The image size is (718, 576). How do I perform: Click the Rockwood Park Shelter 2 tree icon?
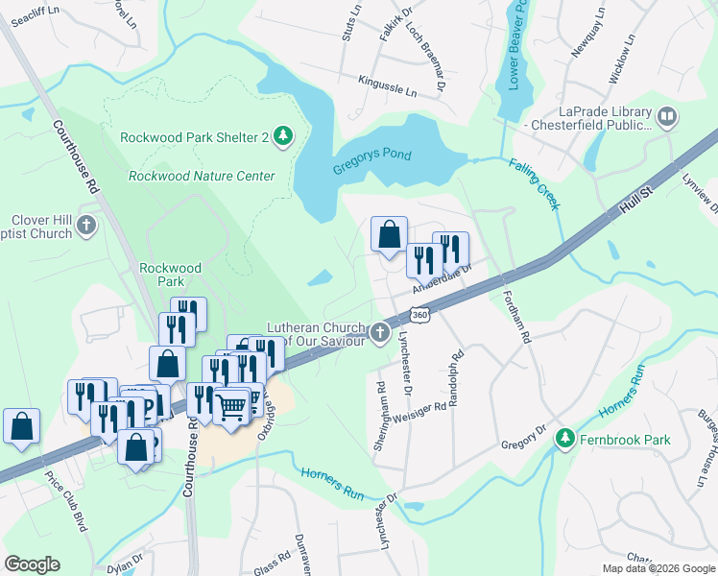click(283, 137)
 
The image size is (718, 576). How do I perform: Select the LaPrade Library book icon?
click(667, 118)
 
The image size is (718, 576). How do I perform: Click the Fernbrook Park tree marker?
click(564, 441)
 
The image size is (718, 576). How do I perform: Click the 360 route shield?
click(418, 315)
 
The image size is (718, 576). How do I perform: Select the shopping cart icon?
click(231, 406)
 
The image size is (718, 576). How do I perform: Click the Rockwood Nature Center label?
click(202, 176)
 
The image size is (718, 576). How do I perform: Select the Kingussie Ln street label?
click(388, 87)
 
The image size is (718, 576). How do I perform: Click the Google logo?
click(33, 564)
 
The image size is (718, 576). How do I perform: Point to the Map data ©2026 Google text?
click(658, 568)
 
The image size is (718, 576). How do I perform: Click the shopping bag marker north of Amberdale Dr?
click(390, 234)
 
